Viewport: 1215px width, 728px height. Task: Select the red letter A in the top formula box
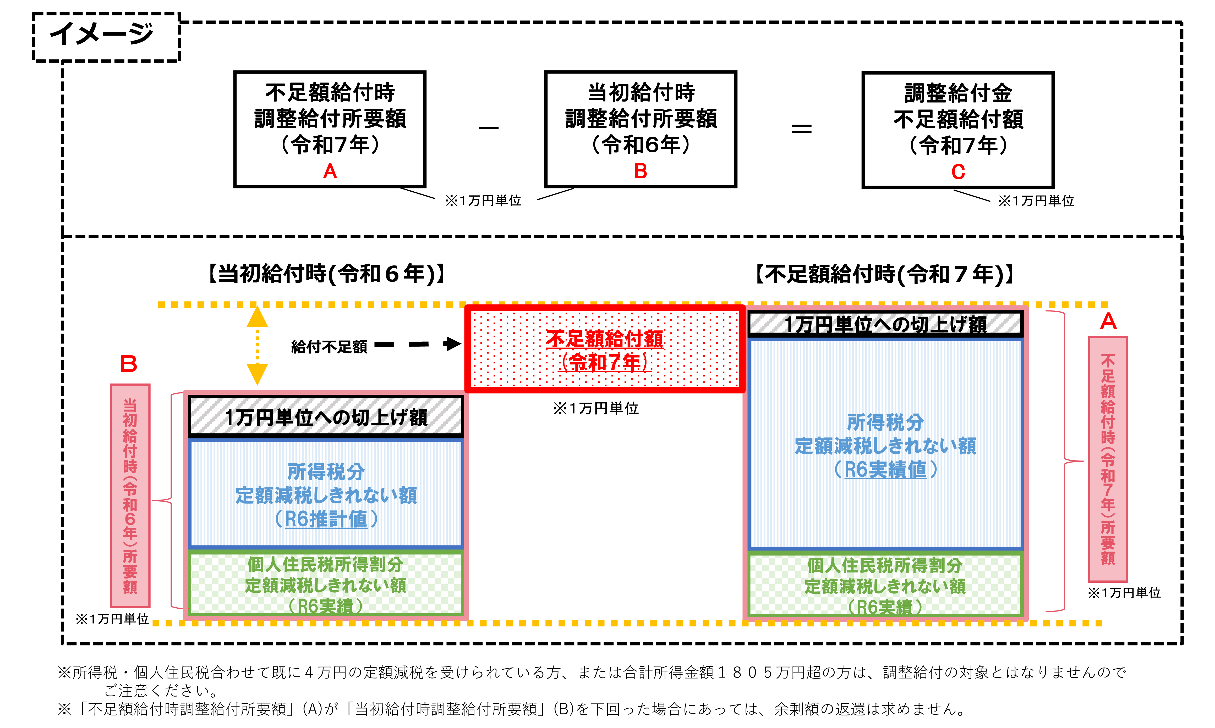330,171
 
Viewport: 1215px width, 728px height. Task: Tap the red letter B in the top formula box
640,171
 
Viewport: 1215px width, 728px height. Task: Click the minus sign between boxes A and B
489,127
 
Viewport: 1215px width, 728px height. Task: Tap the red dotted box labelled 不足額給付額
605,349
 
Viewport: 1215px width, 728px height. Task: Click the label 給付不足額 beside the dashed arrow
329,347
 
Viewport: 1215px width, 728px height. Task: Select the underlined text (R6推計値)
326,519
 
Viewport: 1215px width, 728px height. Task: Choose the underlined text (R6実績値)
885,469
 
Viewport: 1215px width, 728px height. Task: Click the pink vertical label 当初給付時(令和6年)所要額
130,496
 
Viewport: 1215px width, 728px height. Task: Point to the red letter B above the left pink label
129,364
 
